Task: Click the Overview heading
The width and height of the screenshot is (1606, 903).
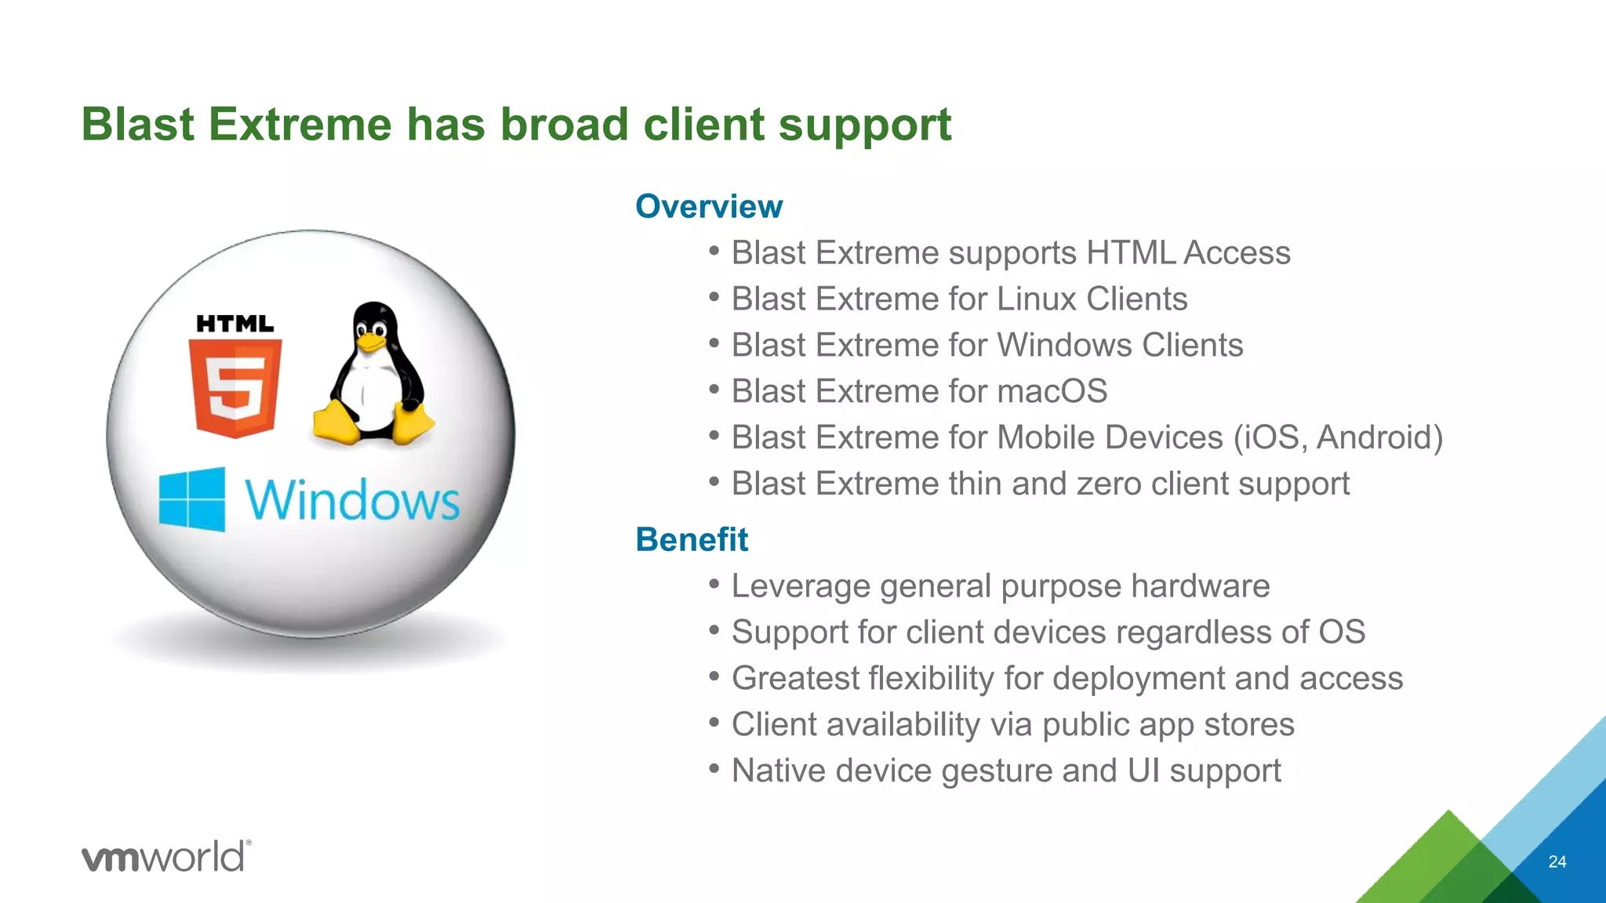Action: tap(708, 207)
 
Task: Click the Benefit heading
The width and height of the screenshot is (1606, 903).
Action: tap(692, 540)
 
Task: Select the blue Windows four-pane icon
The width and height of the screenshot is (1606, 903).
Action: tap(192, 499)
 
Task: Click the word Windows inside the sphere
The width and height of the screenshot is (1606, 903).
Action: tap(352, 500)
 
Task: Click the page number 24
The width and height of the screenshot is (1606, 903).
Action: tap(1557, 862)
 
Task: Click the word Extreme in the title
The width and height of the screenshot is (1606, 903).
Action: tap(300, 125)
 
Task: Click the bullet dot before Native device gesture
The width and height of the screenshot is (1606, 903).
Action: tap(714, 768)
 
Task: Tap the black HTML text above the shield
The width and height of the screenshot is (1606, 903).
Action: tap(234, 324)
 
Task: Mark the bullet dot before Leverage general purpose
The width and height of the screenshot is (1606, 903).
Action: tap(714, 584)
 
